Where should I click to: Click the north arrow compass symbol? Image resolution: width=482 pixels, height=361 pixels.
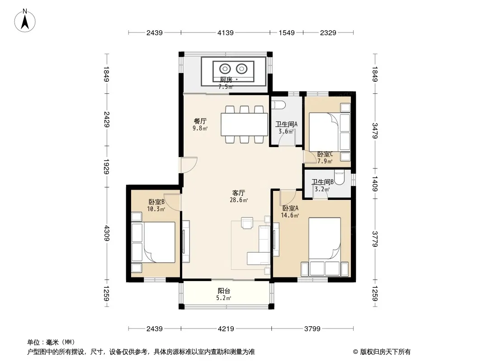(25, 21)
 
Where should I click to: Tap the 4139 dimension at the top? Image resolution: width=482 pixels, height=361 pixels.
(225, 32)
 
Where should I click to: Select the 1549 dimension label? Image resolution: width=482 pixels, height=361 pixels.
(287, 32)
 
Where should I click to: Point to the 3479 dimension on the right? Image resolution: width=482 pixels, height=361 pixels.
(375, 131)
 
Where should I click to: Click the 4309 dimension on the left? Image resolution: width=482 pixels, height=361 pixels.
(106, 233)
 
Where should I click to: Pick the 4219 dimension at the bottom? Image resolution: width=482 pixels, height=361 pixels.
(226, 329)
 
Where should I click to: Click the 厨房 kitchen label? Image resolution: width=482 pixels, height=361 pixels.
(226, 80)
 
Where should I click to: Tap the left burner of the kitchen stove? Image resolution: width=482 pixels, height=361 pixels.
(225, 69)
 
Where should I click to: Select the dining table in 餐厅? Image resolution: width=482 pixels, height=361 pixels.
(244, 125)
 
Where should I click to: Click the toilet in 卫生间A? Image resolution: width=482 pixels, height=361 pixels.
(279, 105)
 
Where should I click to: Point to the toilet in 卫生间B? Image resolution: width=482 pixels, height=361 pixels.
(339, 178)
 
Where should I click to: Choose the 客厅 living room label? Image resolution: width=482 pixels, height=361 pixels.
(238, 193)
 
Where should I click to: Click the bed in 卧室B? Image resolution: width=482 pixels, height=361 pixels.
(153, 242)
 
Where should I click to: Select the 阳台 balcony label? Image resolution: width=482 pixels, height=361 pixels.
(224, 291)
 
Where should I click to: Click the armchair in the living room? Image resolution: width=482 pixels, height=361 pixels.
(247, 223)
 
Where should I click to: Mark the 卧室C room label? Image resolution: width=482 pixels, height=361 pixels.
(325, 154)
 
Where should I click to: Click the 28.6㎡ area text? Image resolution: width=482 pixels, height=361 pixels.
(239, 200)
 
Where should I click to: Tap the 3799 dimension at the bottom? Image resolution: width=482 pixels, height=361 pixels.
(312, 329)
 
